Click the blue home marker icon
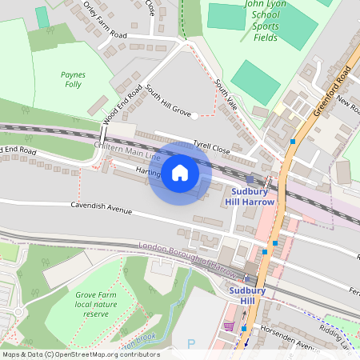(x=180, y=173)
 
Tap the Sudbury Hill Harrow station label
(x=253, y=197)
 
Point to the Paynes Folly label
(x=72, y=78)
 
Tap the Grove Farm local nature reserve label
(x=96, y=305)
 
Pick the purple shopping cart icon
(x=230, y=326)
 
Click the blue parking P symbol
(x=190, y=343)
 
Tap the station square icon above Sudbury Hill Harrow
(x=250, y=179)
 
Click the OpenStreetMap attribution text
(x=80, y=354)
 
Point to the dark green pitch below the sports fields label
(x=255, y=81)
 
